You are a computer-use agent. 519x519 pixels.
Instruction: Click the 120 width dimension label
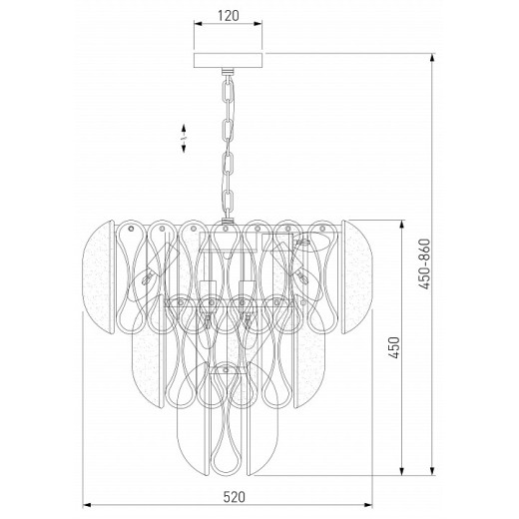click(x=229, y=16)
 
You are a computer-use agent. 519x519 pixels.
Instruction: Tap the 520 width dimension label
click(x=234, y=497)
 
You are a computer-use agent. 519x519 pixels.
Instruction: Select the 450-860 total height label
click(x=424, y=263)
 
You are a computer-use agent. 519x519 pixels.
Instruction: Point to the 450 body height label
click(x=394, y=347)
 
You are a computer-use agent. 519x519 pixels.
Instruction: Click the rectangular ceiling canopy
click(x=228, y=60)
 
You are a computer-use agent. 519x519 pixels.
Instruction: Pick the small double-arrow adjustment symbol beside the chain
click(x=184, y=139)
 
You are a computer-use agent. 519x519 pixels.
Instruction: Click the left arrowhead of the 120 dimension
click(x=199, y=24)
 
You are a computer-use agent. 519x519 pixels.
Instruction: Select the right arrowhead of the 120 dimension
click(x=258, y=24)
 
